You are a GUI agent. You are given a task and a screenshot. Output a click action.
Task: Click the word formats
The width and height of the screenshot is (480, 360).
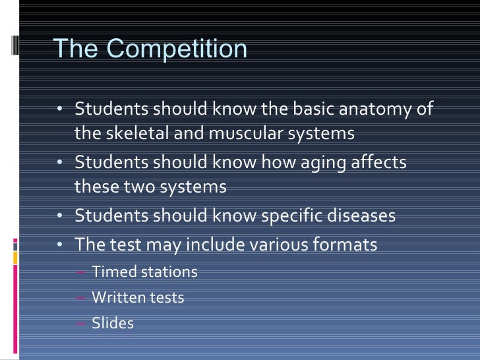click(x=346, y=245)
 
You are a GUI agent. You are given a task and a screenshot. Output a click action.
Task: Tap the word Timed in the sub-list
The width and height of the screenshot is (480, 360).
click(x=111, y=272)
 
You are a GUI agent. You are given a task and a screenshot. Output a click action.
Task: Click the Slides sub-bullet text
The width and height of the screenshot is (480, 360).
click(x=113, y=323)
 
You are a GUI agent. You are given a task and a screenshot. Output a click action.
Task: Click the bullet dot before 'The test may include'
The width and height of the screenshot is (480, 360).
click(x=59, y=245)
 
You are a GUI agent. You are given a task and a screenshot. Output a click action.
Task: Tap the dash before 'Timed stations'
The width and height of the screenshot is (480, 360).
click(x=80, y=272)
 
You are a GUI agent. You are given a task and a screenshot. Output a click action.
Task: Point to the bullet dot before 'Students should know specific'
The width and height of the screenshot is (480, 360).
click(x=59, y=216)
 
